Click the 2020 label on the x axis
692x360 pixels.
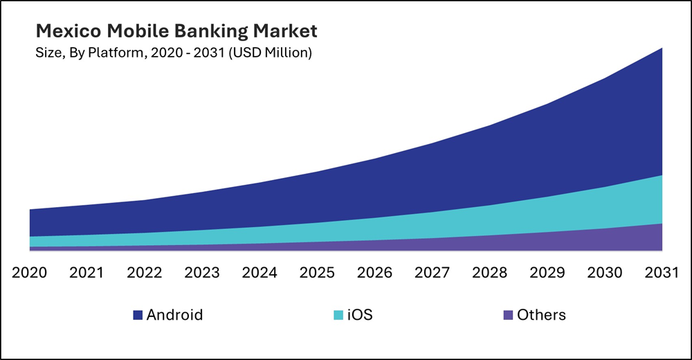pos(30,272)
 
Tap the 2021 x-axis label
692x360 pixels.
pos(87,272)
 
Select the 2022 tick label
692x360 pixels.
pos(145,272)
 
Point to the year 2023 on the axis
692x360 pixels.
pos(202,272)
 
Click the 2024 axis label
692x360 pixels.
pos(259,272)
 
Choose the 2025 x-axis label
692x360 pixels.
pos(317,272)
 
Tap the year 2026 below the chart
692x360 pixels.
pos(374,272)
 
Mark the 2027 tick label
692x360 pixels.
pos(432,272)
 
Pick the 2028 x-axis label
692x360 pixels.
pos(489,272)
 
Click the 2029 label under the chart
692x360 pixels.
pos(547,272)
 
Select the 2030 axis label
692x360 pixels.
pos(604,272)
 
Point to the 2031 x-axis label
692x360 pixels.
pos(661,272)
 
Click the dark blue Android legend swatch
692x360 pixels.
pos(138,316)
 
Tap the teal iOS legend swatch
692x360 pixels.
pos(338,316)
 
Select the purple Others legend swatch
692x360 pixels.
pos(509,316)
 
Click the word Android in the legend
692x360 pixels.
pos(174,315)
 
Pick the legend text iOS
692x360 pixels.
pos(360,315)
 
